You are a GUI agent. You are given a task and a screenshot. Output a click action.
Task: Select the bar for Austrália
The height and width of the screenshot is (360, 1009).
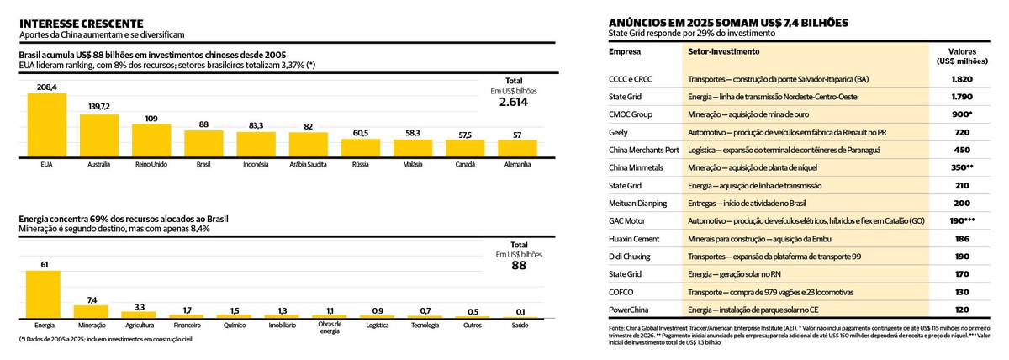[99, 135]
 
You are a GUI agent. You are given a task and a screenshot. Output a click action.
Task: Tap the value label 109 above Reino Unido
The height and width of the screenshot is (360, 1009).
[151, 119]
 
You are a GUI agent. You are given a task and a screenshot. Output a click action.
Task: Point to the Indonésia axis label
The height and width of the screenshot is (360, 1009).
[256, 164]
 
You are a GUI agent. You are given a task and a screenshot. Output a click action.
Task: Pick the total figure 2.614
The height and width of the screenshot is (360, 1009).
[514, 101]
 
